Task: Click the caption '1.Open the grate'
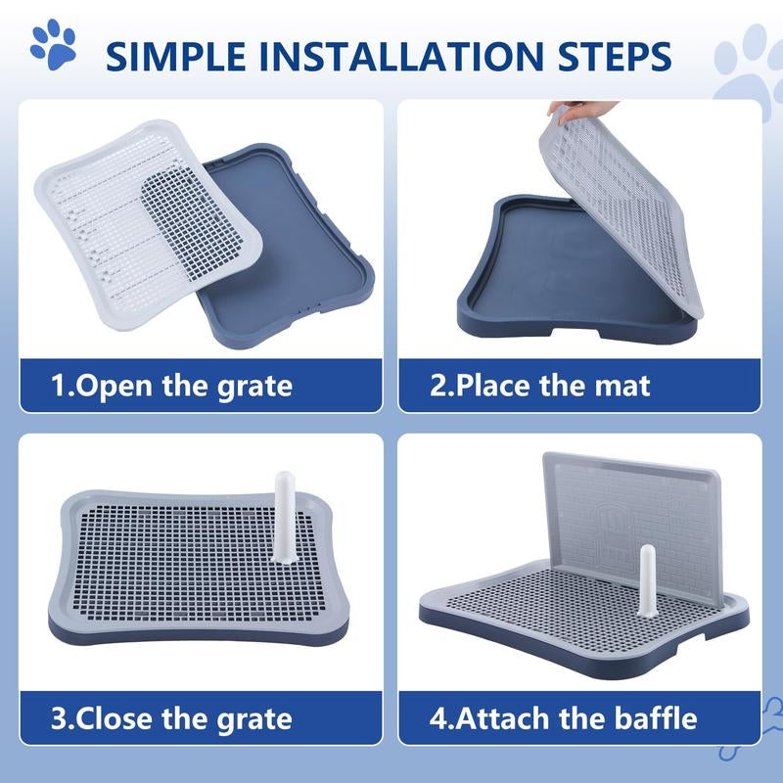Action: tap(172, 385)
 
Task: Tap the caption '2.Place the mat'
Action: tap(540, 385)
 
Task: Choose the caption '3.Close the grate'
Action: tap(172, 718)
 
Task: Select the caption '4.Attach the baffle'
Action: tap(564, 718)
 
